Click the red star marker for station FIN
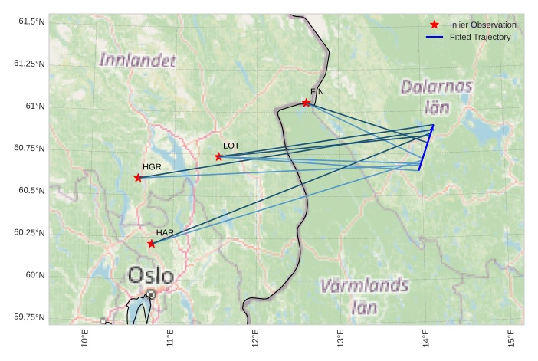pos(306,103)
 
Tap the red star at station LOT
pos(218,156)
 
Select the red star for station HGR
pos(138,178)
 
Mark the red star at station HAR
pos(151,244)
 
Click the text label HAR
pos(165,232)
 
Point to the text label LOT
pos(231,145)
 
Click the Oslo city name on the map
pos(150,275)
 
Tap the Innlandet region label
pos(137,60)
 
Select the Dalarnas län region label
pos(436,97)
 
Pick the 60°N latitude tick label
pos(35,274)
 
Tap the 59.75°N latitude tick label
pos(30,317)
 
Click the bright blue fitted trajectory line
pos(426,147)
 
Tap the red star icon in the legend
pos(435,25)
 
